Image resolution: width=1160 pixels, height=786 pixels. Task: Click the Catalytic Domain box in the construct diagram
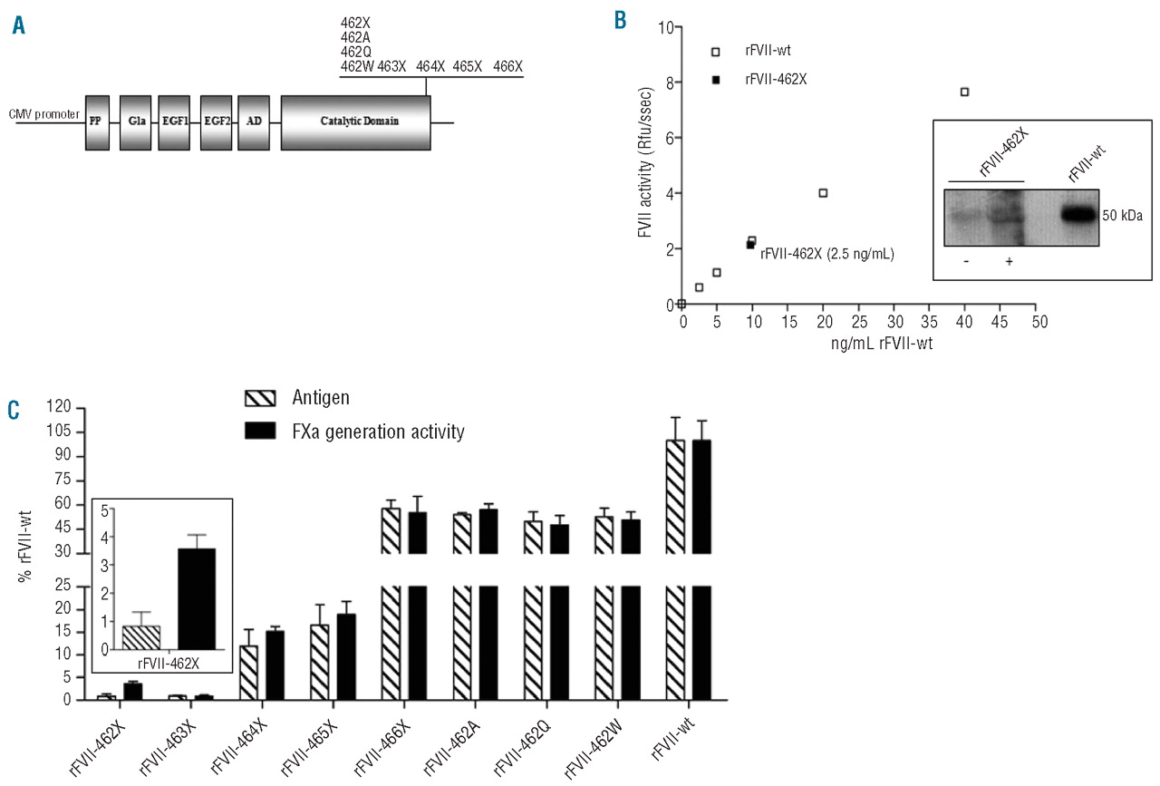click(x=355, y=121)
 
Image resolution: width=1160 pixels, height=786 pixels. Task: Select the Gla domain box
click(x=136, y=121)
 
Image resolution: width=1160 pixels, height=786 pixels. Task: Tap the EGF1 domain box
click(x=173, y=121)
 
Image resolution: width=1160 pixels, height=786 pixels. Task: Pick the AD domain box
click(x=254, y=121)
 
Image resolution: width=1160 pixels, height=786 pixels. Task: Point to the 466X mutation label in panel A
click(x=507, y=66)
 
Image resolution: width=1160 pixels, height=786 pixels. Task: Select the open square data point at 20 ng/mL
click(x=823, y=192)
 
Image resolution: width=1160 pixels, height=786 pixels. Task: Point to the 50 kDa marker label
click(x=1122, y=217)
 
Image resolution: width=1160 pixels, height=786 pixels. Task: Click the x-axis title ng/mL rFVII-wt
click(x=861, y=344)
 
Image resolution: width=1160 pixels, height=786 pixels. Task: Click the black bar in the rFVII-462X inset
click(x=197, y=598)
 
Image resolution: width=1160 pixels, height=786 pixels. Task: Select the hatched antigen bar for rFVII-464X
click(x=248, y=672)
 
